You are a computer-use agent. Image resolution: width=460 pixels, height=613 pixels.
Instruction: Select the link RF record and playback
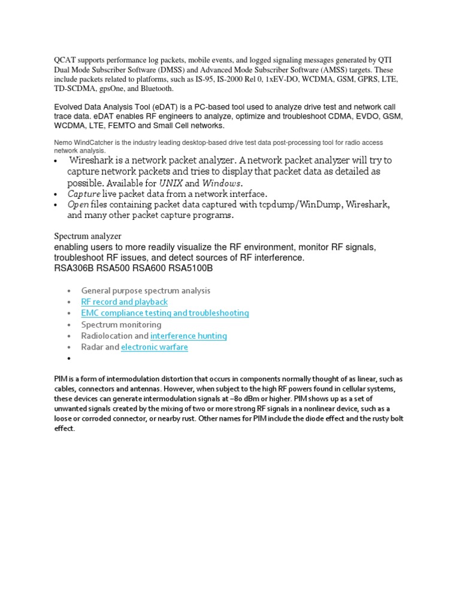click(124, 302)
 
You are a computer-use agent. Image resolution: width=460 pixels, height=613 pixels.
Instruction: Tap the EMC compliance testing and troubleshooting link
click(165, 313)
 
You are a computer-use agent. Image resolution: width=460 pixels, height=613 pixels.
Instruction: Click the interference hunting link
click(189, 336)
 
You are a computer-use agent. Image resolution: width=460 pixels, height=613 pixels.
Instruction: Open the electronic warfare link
click(155, 347)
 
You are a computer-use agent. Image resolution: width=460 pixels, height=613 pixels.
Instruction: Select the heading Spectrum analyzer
click(87, 236)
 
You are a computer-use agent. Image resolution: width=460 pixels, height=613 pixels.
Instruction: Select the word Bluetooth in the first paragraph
click(156, 89)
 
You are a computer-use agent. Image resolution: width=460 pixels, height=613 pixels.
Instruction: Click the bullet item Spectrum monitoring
click(122, 324)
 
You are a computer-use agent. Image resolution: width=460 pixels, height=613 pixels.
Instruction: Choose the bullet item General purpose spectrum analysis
click(146, 291)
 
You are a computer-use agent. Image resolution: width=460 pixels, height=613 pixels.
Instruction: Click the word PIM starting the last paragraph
click(60, 380)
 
